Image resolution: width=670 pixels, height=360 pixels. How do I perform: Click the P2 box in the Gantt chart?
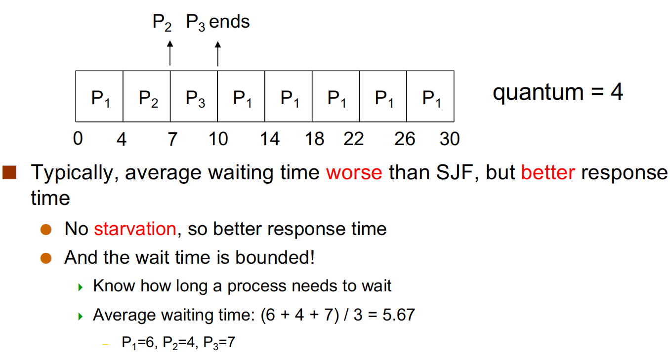[147, 96]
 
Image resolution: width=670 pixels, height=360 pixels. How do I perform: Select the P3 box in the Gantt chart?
[194, 96]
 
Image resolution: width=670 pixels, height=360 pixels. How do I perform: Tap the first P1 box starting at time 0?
[99, 96]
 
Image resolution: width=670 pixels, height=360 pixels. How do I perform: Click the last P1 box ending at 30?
[430, 96]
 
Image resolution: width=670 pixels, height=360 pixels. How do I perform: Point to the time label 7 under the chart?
[172, 139]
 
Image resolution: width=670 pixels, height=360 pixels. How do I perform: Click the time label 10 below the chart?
[218, 139]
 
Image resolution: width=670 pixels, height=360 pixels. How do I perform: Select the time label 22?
[354, 139]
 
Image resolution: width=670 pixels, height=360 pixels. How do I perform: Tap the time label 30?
[450, 139]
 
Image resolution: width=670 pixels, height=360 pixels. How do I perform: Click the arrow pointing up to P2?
[170, 53]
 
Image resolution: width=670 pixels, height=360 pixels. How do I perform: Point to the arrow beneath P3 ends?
[218, 53]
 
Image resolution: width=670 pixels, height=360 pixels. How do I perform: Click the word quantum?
[538, 93]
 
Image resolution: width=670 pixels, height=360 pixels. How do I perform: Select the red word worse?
[354, 173]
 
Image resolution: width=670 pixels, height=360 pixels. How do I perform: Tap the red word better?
[548, 172]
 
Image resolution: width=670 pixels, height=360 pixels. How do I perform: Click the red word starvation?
[135, 229]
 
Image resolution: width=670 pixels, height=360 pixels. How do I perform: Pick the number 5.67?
[399, 315]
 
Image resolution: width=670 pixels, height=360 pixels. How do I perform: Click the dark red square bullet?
[9, 172]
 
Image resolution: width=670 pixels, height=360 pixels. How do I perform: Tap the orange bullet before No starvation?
[46, 230]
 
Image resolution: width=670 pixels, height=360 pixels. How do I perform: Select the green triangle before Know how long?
[80, 287]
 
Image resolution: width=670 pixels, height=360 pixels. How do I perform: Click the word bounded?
[275, 257]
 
